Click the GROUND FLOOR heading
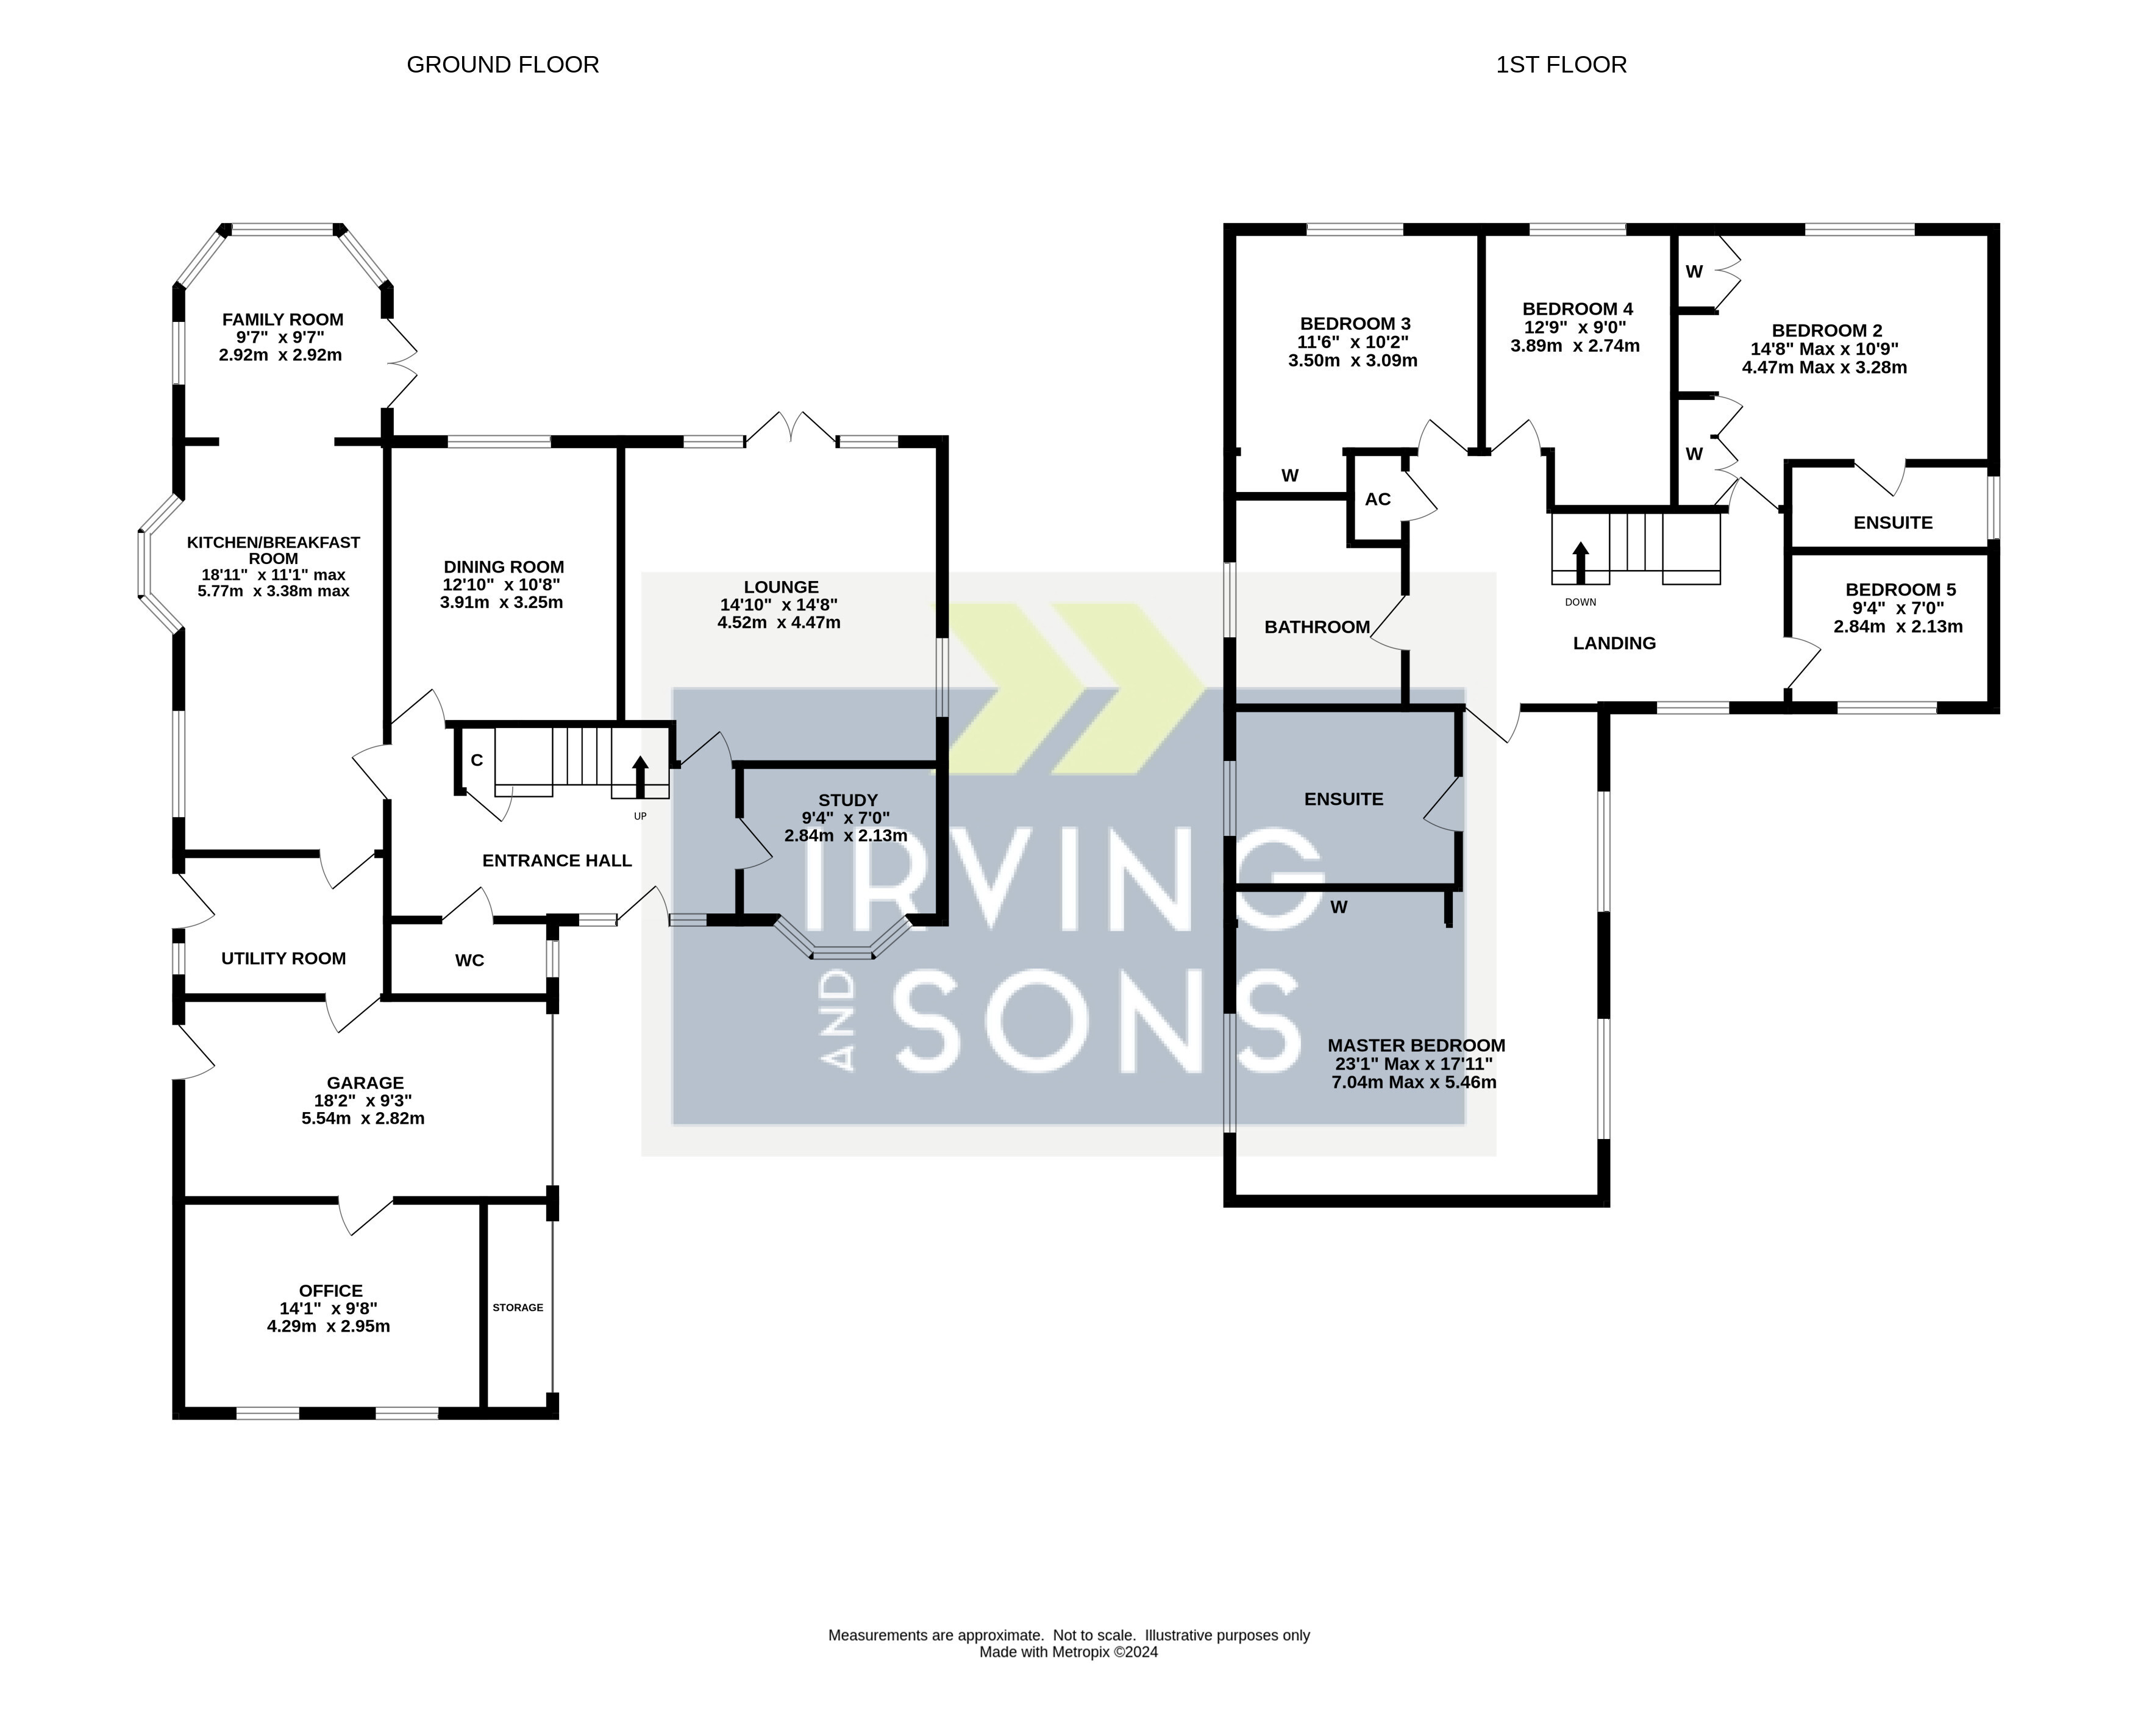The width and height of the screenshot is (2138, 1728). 503,65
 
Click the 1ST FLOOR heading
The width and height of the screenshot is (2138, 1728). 1561,65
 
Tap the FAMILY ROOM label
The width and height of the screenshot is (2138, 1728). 283,320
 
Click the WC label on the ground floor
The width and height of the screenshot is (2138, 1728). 470,960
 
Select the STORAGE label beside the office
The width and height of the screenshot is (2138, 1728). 518,1307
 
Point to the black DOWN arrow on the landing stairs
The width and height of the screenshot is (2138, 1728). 1581,562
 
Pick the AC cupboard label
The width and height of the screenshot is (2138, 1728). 1378,499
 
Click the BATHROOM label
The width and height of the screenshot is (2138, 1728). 1317,627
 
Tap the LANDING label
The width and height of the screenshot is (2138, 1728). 1614,643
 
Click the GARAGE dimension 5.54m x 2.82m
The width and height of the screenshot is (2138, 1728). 363,1118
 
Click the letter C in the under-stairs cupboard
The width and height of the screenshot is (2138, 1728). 477,760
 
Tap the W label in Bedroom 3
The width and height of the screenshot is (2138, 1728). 1290,476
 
